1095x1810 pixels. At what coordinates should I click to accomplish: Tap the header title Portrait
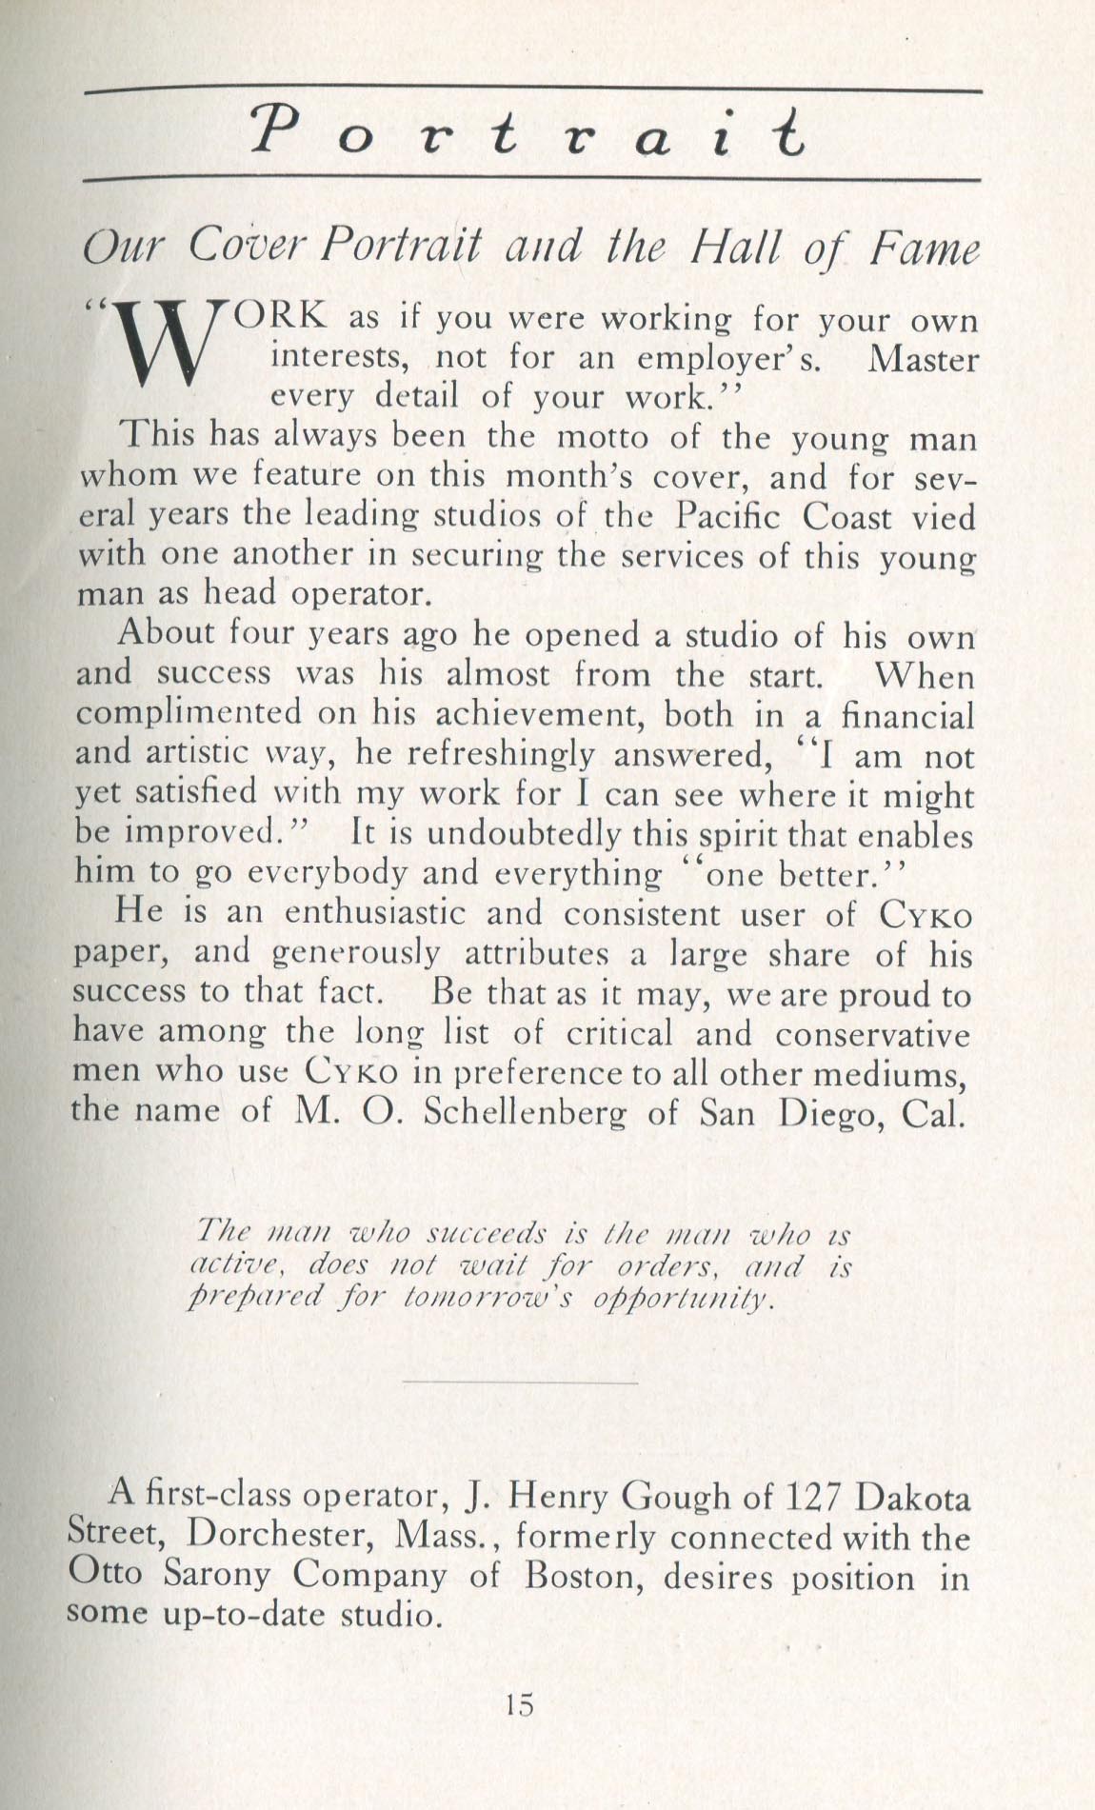529,132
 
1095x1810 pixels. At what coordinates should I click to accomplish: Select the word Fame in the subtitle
923,250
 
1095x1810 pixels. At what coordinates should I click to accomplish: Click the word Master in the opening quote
924,360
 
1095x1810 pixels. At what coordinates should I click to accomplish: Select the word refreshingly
475,756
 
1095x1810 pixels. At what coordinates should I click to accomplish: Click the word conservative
872,1033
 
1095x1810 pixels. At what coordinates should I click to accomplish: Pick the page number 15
520,1703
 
